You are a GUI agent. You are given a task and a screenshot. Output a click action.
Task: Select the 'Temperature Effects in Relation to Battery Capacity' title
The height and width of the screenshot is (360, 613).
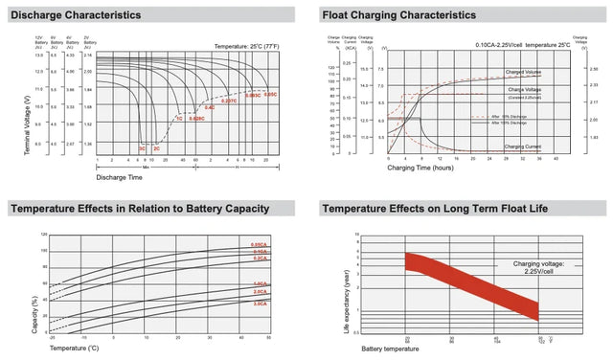point(139,209)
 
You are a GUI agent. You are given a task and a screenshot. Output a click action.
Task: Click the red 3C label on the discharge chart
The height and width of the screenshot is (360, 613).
point(142,149)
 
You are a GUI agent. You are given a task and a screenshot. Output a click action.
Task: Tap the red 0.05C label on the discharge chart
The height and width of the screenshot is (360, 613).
point(270,95)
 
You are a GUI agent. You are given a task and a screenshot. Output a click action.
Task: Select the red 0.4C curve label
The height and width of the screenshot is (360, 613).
point(209,108)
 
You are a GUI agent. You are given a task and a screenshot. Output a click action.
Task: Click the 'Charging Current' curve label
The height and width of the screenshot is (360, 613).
point(523,146)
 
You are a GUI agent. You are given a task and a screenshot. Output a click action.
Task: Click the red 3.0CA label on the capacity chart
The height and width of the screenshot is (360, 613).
point(260,304)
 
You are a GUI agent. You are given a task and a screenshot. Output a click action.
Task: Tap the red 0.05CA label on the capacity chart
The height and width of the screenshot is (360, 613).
point(260,246)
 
